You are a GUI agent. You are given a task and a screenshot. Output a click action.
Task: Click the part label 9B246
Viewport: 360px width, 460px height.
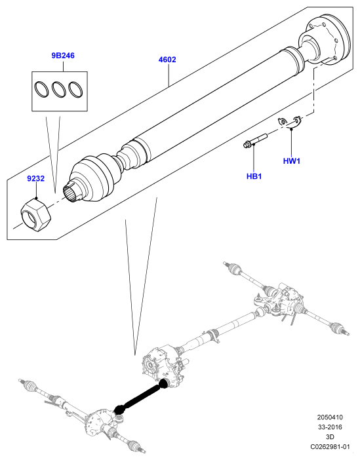tap(63, 56)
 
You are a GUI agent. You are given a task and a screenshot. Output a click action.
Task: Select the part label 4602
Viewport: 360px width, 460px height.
tap(167, 60)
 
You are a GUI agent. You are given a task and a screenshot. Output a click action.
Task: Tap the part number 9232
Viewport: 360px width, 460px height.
tap(36, 178)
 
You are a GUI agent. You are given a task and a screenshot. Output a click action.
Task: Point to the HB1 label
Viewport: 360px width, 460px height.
tap(254, 176)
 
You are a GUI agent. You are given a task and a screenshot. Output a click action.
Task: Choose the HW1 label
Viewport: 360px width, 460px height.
tap(292, 161)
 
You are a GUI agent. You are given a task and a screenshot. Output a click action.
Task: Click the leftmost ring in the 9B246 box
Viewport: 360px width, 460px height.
tap(41, 89)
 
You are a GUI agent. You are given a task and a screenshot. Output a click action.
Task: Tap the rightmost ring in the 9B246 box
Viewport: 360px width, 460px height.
tap(75, 89)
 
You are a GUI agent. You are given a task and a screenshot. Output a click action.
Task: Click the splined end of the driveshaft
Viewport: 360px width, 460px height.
tap(72, 192)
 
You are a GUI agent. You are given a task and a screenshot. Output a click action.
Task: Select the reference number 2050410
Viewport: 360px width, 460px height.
tap(330, 417)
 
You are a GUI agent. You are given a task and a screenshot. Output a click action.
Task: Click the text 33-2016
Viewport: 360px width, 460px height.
tap(330, 427)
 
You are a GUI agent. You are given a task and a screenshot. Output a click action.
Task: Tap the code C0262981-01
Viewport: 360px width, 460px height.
tap(330, 447)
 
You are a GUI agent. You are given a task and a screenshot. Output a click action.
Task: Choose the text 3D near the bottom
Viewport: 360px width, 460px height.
tap(330, 437)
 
